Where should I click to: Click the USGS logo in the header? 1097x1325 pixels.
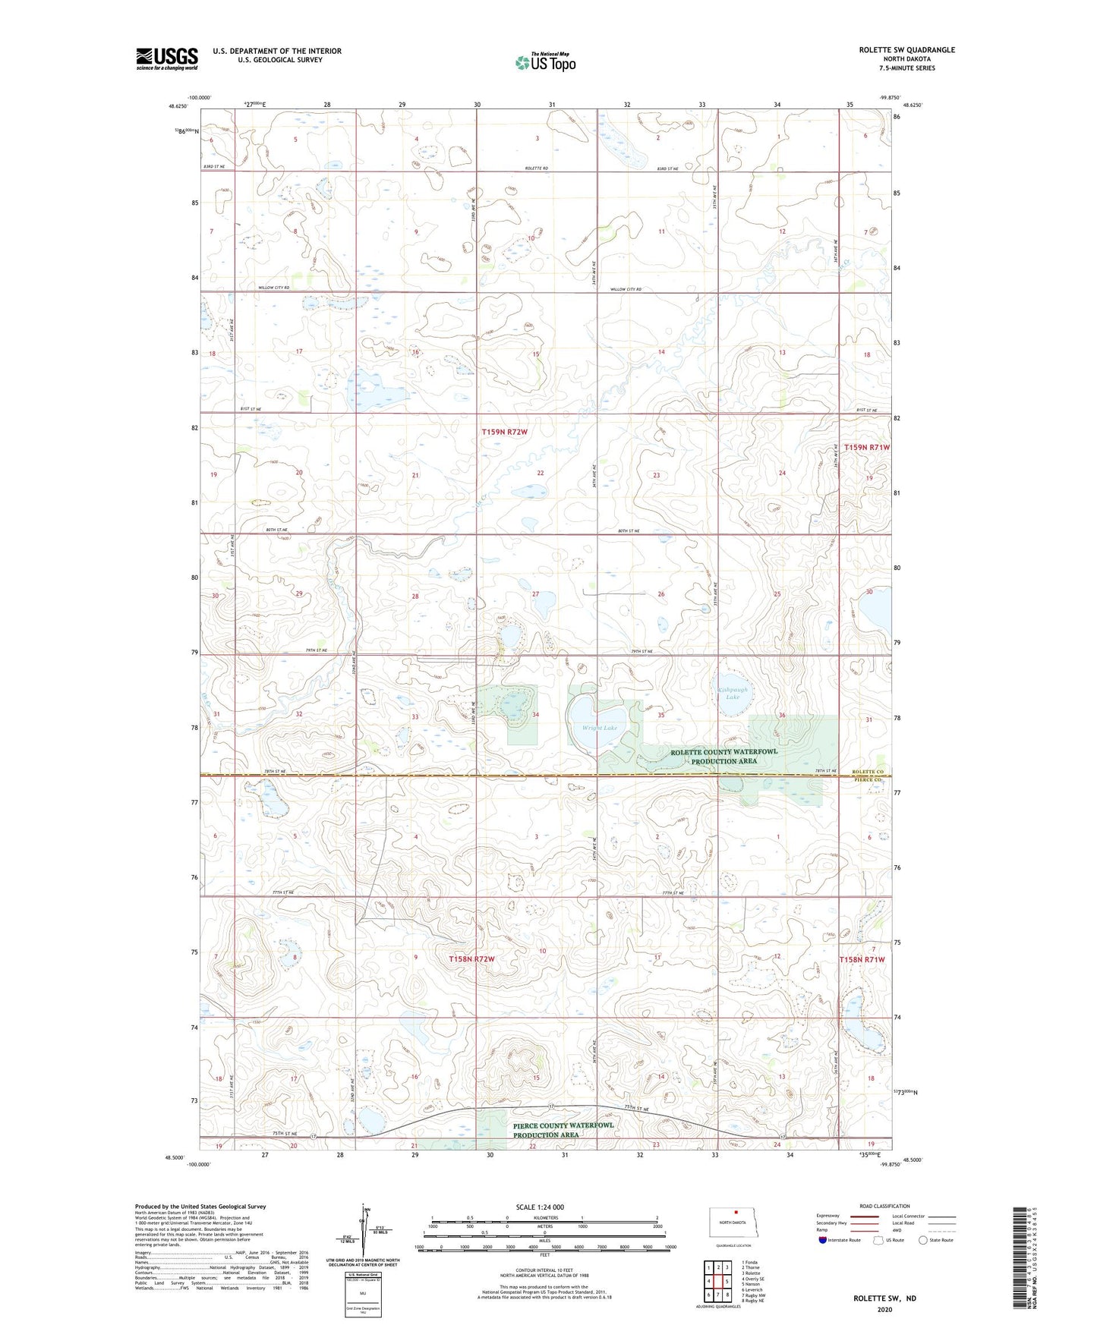[167, 58]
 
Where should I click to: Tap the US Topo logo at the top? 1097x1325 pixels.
[545, 62]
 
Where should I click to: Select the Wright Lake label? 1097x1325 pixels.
[600, 728]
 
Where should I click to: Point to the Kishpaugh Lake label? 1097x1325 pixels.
[733, 693]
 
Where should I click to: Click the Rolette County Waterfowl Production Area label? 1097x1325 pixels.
[723, 756]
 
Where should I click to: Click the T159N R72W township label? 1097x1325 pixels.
[504, 432]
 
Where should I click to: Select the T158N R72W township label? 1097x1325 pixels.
[471, 958]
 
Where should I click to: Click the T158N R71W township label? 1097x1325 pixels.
[862, 959]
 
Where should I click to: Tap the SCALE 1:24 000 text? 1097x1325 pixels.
[539, 1207]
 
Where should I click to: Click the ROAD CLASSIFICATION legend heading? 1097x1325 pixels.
[884, 1206]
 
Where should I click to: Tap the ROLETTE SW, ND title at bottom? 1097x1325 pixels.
[884, 1298]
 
